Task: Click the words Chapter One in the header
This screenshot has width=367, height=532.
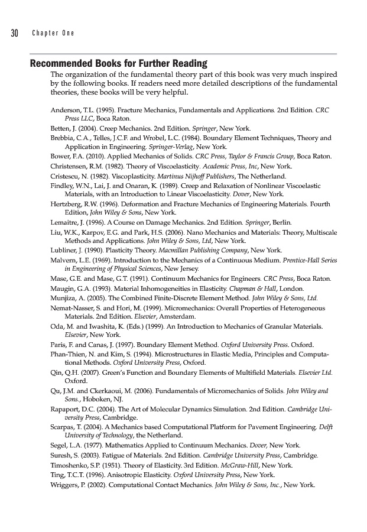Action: coord(53,33)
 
